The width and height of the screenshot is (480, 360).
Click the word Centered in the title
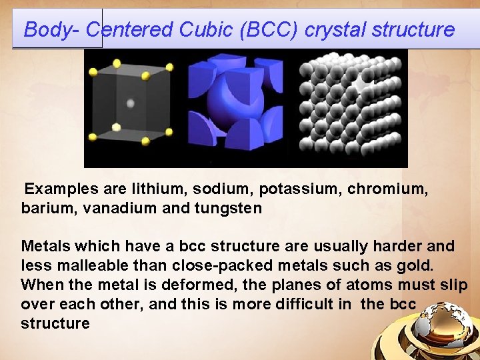click(x=130, y=30)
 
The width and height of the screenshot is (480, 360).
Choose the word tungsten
click(x=228, y=209)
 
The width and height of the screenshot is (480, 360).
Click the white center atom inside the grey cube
click(x=130, y=103)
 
